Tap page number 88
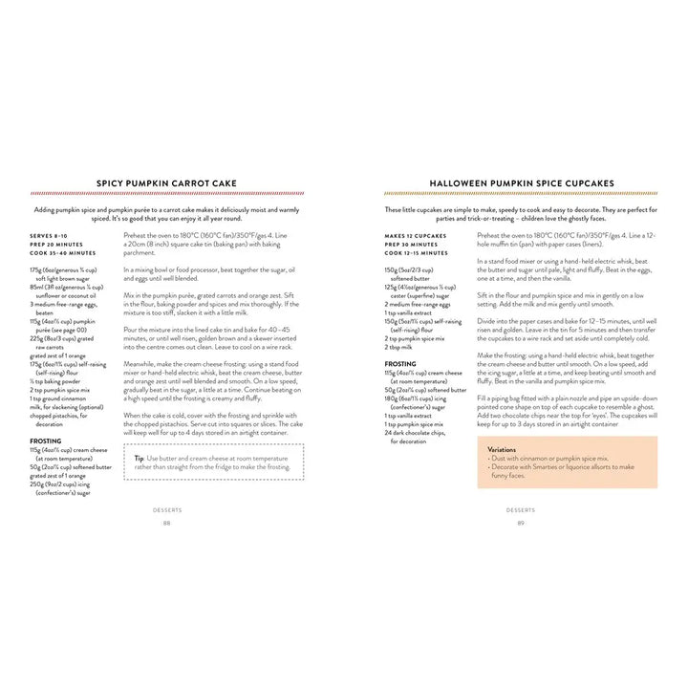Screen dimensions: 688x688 [166, 523]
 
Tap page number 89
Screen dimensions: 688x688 [521, 523]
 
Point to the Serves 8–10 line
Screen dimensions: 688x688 [51, 235]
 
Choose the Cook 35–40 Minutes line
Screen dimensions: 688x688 [62, 252]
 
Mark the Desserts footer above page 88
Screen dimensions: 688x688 [166, 509]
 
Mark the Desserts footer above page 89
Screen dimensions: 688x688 [521, 509]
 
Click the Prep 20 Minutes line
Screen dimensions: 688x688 [54, 244]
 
